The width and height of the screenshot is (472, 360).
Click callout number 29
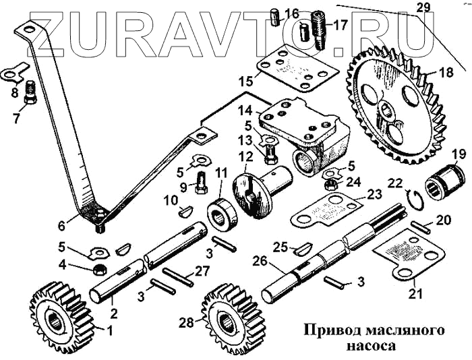tap(423, 8)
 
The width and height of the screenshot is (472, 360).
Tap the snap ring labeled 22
tap(417, 198)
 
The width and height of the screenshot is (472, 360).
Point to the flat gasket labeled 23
tap(328, 212)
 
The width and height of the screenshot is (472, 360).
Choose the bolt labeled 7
tap(30, 94)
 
